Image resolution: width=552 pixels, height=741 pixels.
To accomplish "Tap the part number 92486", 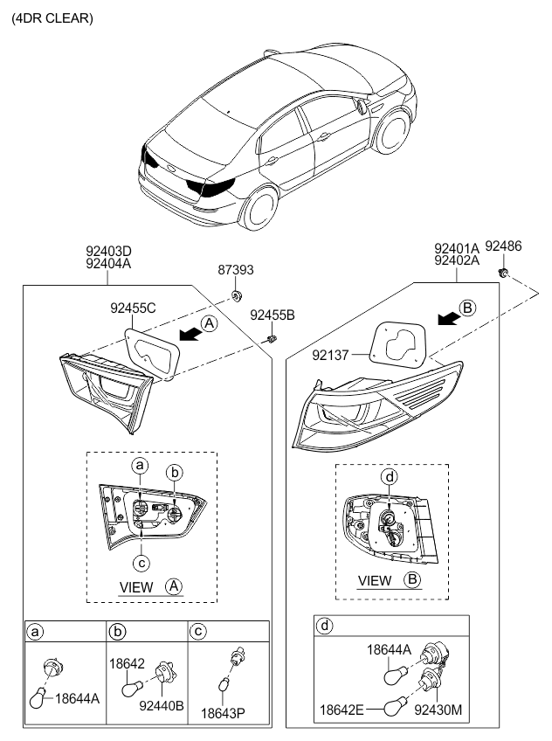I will click(x=503, y=247).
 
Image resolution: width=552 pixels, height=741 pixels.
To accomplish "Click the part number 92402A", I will click(x=457, y=260).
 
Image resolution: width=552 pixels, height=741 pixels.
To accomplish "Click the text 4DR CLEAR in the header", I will click(x=52, y=17).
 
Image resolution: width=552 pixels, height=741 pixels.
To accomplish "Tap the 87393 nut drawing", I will click(x=237, y=295).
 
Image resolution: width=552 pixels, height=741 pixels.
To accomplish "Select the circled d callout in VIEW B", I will click(x=390, y=476).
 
